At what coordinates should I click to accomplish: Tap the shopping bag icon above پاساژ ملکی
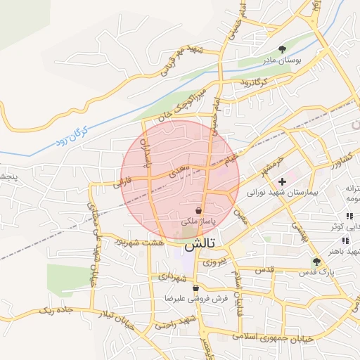tap(200, 211)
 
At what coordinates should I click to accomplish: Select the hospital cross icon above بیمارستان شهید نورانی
tap(283, 181)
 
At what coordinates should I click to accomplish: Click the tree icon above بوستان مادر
tap(282, 50)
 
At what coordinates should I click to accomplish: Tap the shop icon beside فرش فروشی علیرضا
tap(195, 288)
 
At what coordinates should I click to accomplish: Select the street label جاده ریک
tap(56, 309)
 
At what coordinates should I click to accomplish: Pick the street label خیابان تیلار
tap(113, 317)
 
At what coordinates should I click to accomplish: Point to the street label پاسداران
tap(146, 149)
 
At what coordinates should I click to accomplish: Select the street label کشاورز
tap(322, 167)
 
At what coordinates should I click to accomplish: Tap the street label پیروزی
tap(215, 261)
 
